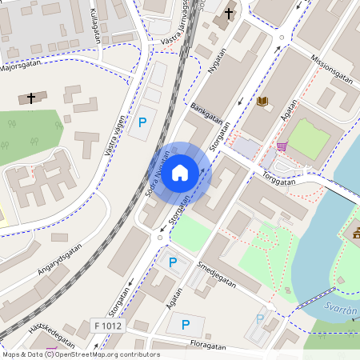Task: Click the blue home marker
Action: click(180, 172)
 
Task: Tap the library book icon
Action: click(263, 101)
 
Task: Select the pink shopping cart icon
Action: click(282, 146)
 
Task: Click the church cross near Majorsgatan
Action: click(31, 98)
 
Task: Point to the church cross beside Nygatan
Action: click(229, 14)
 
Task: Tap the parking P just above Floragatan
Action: click(186, 325)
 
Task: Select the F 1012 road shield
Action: click(108, 325)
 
